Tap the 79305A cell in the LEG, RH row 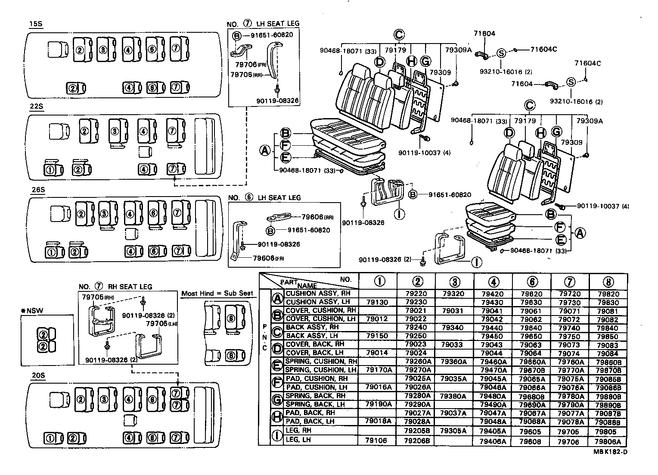453,431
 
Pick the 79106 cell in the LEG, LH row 376,441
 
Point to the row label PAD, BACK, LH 310,421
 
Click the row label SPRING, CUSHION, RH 321,361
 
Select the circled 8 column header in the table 607,282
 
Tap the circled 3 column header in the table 454,282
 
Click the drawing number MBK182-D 610,452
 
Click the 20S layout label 38,375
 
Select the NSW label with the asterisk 32,310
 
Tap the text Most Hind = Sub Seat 217,293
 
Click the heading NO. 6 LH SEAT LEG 264,198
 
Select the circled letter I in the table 277,436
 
